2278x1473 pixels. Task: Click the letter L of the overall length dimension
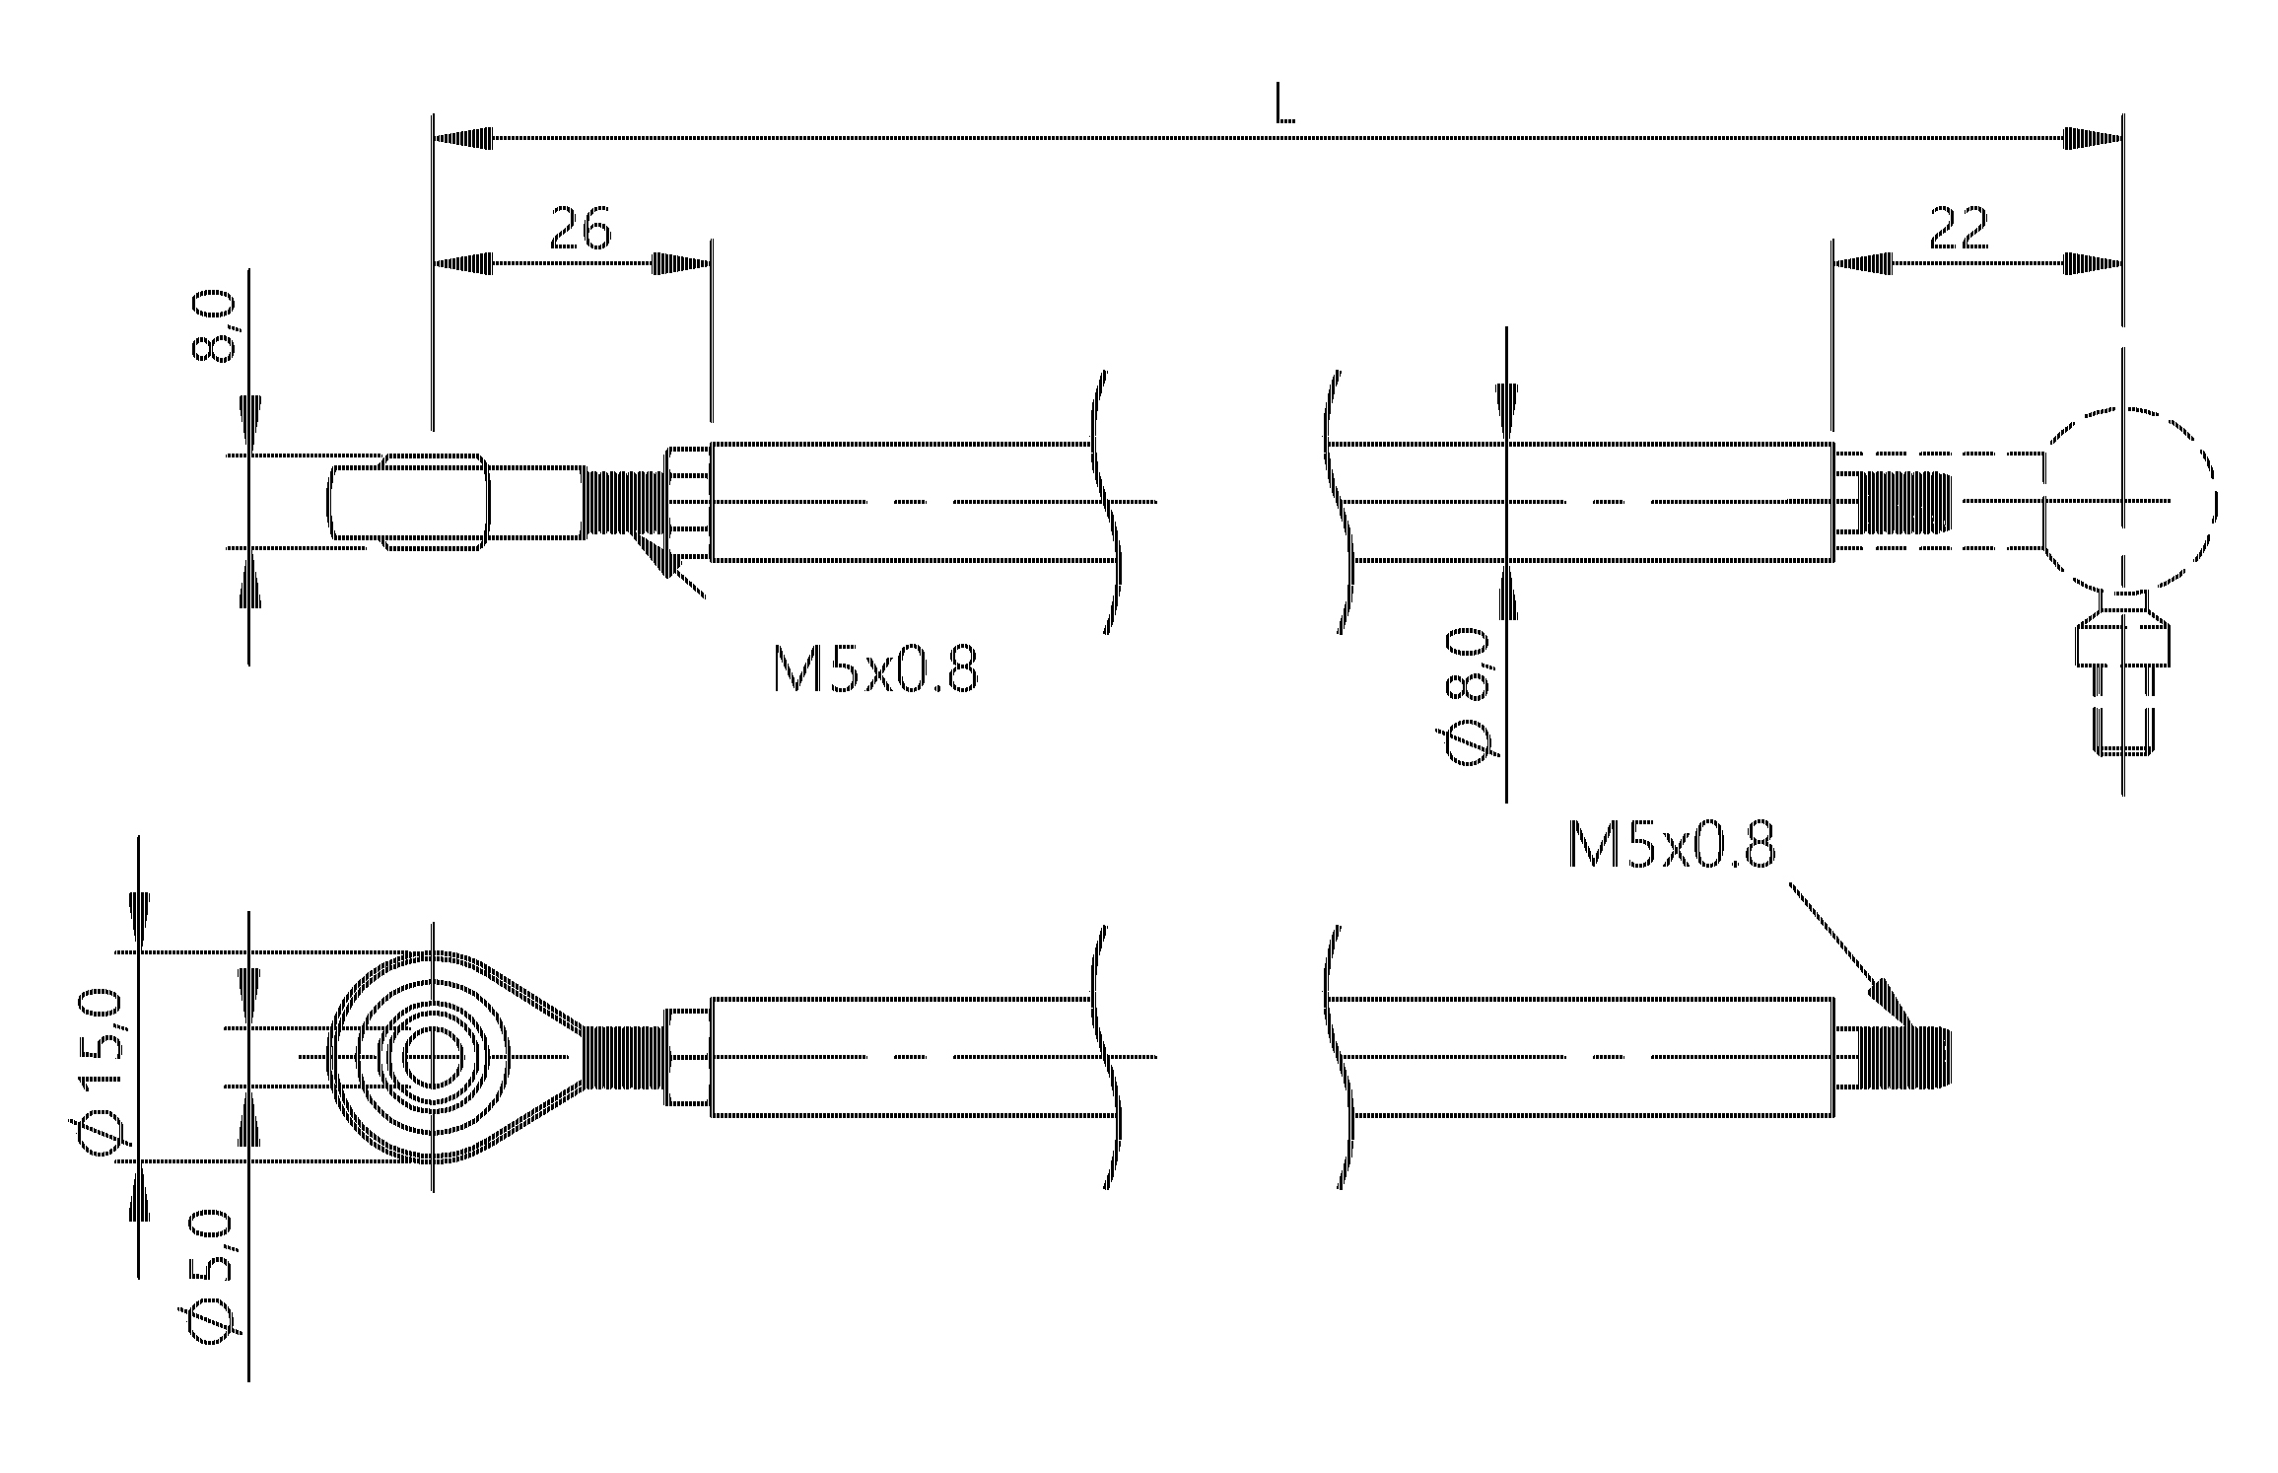click(1284, 105)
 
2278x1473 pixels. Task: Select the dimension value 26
click(581, 228)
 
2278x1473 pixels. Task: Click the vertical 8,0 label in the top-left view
click(213, 325)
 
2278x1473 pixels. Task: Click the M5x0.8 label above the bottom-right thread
click(1672, 848)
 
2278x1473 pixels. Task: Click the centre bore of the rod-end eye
click(432, 1057)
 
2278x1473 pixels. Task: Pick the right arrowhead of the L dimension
click(2094, 139)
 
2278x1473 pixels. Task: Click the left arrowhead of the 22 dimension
click(1862, 264)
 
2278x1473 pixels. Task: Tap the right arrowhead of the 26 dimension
click(681, 264)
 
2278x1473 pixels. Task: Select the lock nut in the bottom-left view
click(688, 1057)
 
